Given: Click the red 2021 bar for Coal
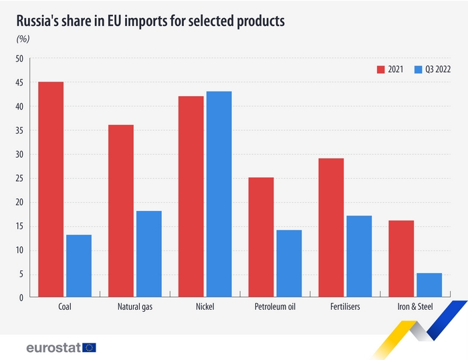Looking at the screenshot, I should tap(51, 190).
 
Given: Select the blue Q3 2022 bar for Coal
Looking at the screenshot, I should tap(79, 266).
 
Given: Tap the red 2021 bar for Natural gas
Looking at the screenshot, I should tap(121, 211).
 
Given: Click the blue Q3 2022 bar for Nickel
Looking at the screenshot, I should tap(219, 194).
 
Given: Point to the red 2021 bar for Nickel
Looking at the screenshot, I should tap(191, 196).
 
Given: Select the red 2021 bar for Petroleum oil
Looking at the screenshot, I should tap(261, 237).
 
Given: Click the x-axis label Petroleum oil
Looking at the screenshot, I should tap(275, 307).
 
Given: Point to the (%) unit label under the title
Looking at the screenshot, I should tap(23, 38).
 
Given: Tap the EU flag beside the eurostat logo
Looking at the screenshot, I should tap(90, 347).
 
